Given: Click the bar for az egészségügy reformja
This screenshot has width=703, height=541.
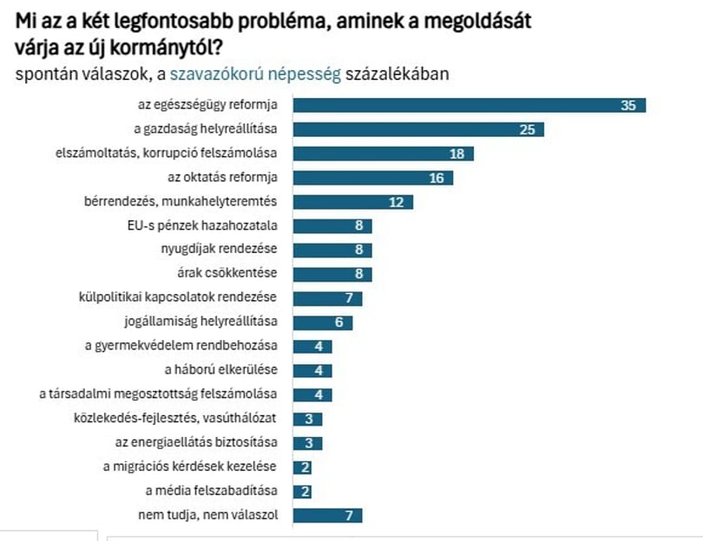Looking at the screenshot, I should click(469, 106).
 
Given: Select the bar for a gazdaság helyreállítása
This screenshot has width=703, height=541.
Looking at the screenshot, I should click(418, 130).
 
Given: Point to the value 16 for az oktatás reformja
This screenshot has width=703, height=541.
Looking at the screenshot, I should click(437, 179).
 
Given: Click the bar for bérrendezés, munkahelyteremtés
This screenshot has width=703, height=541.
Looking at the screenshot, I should click(352, 202).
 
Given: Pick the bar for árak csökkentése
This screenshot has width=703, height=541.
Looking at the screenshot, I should click(332, 274).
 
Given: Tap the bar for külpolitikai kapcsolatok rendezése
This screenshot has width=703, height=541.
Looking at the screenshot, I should click(327, 298).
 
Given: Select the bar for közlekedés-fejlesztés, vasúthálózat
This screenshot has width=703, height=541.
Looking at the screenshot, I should click(308, 419).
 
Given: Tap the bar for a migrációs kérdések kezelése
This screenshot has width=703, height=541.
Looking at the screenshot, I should click(303, 467).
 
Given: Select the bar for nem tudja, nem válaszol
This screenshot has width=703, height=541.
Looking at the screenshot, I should click(327, 515).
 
